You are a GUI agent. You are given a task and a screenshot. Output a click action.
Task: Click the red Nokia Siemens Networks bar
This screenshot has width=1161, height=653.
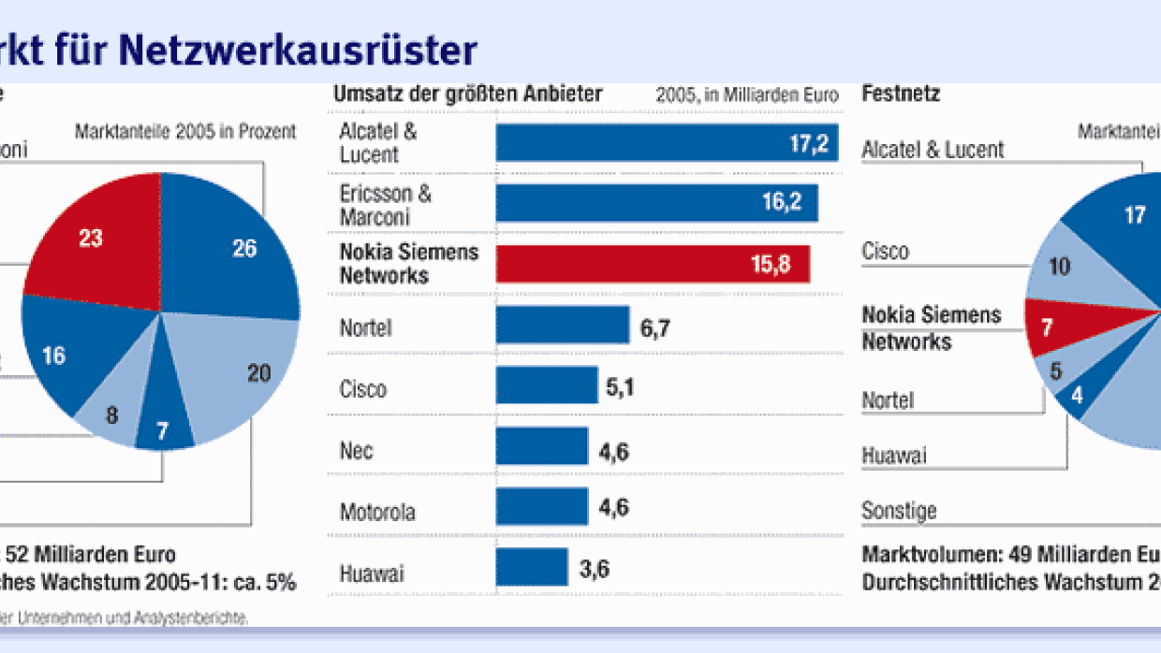coord(653,264)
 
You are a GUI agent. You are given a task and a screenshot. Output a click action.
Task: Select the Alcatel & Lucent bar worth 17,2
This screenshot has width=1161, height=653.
coord(667,142)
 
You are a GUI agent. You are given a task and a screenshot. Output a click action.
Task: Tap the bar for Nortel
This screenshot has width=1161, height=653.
coord(562,325)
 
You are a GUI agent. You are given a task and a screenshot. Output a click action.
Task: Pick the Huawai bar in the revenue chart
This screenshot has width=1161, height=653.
coord(531,567)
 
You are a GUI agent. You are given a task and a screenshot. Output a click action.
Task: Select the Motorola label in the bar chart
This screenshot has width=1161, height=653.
coord(376,513)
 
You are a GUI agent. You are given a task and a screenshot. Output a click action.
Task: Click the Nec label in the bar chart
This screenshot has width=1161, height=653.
coord(356,451)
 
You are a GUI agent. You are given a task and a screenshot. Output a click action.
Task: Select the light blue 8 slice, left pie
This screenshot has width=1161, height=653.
coord(112,412)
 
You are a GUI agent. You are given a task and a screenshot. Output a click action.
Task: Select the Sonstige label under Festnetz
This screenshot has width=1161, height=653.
coord(899,511)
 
